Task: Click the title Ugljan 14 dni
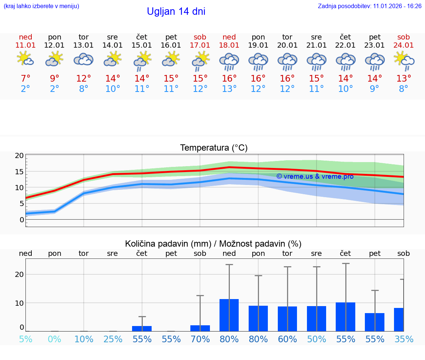[x=176, y=11]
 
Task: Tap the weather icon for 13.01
[x=84, y=59]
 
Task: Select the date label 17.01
[x=200, y=45]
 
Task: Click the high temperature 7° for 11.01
[x=25, y=79]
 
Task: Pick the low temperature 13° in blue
[x=229, y=89]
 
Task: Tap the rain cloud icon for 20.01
[x=287, y=61]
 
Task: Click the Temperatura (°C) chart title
[x=214, y=148]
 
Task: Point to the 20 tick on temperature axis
[x=19, y=156]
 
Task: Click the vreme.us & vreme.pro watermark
[x=315, y=176]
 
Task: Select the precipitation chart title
[x=213, y=244]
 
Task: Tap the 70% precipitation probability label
[x=200, y=339]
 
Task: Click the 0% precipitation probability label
[x=55, y=339]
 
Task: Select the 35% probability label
[x=404, y=339]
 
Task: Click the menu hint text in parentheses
[x=41, y=6]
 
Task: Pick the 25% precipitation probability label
[x=113, y=339]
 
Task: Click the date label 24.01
[x=404, y=45]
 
